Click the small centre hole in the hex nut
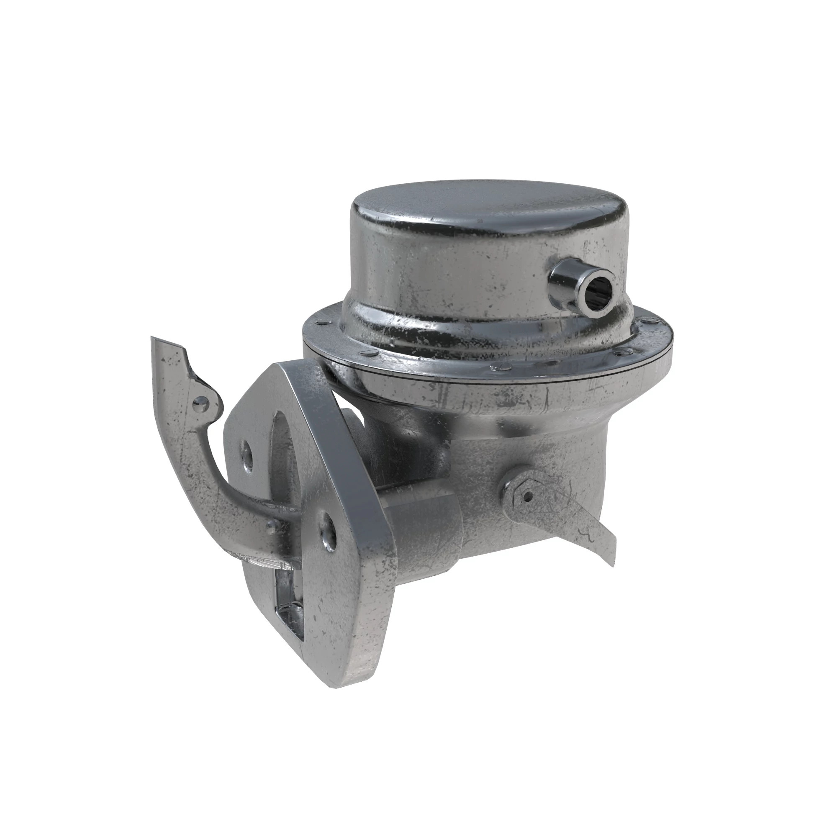528,496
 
